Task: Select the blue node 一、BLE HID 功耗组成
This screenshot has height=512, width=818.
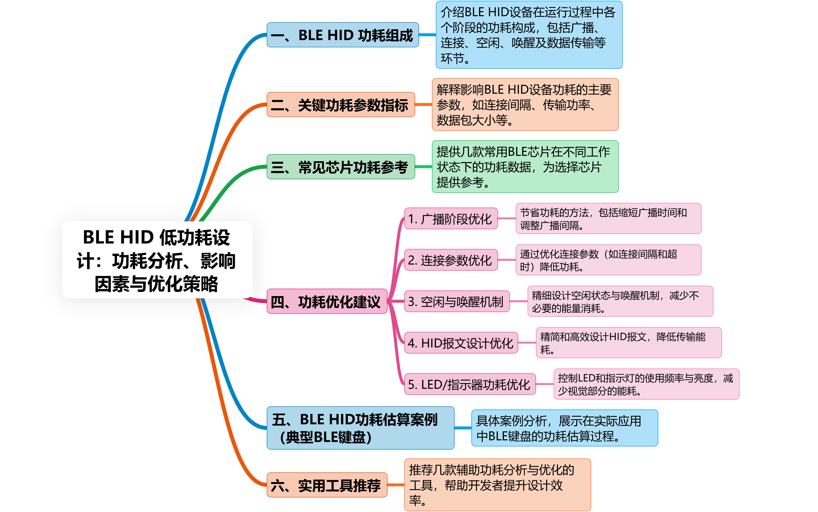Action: tap(343, 35)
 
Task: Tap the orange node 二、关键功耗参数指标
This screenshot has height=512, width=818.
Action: tap(341, 105)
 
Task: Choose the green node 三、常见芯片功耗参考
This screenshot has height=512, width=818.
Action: tap(341, 167)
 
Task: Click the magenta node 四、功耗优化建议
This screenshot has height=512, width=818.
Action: tap(327, 301)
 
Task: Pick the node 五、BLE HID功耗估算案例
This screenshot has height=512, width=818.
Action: tap(360, 428)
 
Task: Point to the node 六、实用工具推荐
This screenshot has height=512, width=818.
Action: tap(327, 485)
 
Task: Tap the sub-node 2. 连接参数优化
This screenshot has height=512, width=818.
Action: tap(451, 260)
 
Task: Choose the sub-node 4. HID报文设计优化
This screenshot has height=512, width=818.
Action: tap(461, 343)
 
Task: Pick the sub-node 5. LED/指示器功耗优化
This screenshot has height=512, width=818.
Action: tap(470, 384)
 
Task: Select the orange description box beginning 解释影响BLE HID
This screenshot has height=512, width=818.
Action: tap(525, 105)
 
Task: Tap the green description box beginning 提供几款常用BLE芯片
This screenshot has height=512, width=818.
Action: tap(525, 167)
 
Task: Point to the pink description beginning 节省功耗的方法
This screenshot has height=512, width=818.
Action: tap(608, 218)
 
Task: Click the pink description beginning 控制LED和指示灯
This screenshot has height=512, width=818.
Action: tap(646, 384)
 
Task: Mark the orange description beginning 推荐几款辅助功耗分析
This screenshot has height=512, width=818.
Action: tap(497, 485)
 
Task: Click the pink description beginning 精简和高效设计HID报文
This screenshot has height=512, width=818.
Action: tap(628, 343)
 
